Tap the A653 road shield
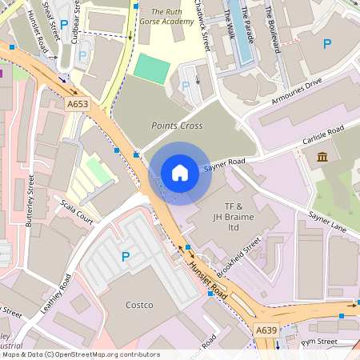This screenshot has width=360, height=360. point(78,104)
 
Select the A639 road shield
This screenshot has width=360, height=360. point(266,330)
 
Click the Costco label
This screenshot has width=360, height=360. point(139,305)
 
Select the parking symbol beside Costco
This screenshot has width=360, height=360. point(125,257)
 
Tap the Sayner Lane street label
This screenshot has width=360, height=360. point(327,223)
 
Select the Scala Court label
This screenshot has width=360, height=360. point(77,211)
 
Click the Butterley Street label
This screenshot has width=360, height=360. point(31,199)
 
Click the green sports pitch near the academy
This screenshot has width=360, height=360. point(151,68)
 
